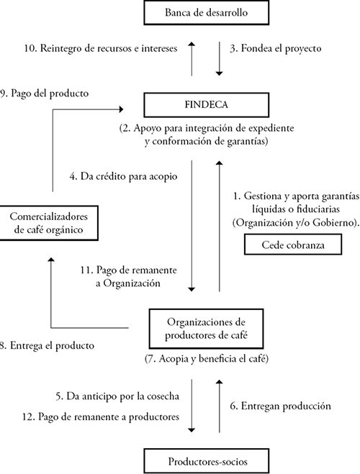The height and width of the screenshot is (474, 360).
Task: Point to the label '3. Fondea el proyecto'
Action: pyautogui.click(x=270, y=50)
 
